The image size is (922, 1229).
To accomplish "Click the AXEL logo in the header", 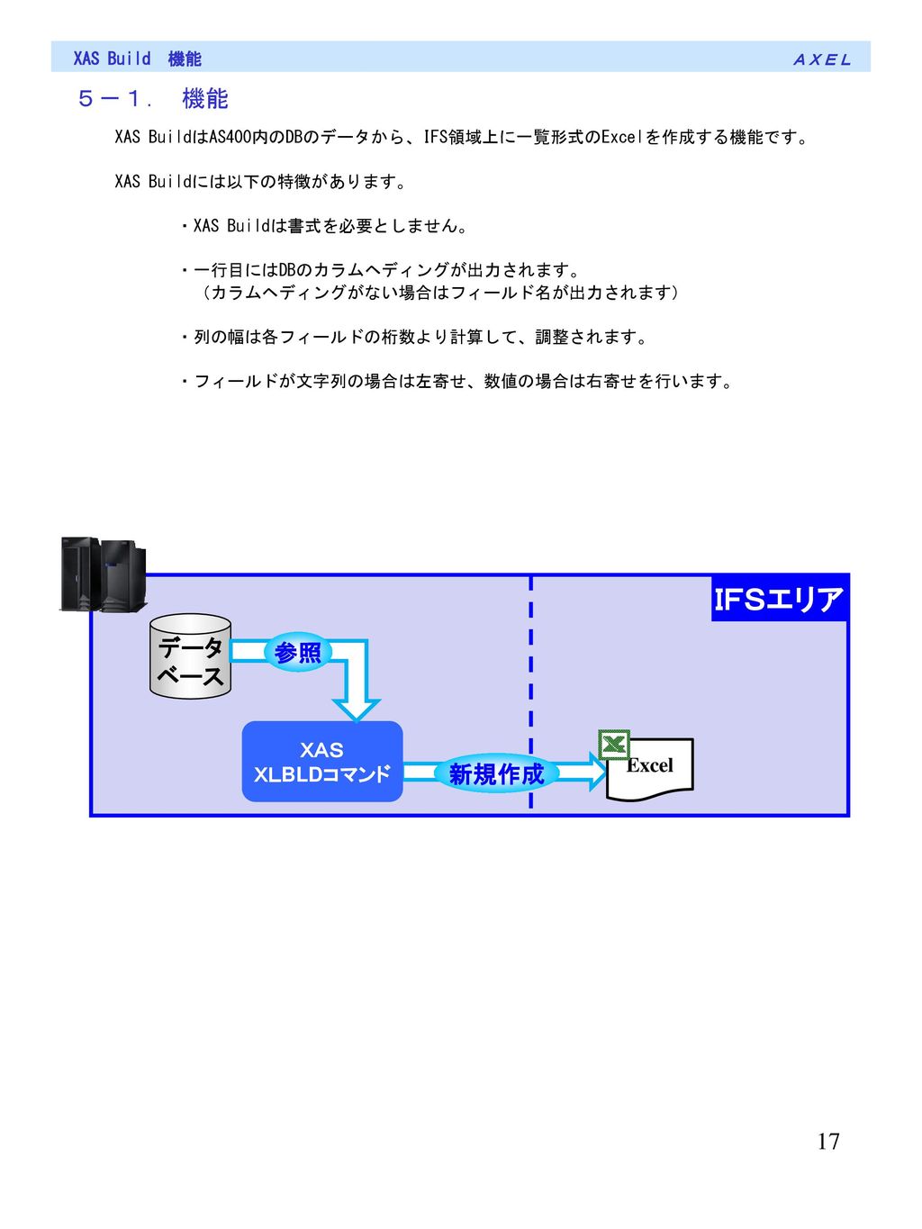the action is click(821, 59).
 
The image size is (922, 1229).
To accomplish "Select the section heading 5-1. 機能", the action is click(153, 99).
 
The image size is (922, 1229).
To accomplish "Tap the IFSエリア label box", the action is click(779, 599).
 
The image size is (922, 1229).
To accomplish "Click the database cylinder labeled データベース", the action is click(190, 656).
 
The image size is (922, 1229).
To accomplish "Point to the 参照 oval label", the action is click(298, 652).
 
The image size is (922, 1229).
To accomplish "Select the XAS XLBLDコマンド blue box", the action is click(321, 762).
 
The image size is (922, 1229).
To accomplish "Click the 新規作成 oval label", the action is click(496, 774).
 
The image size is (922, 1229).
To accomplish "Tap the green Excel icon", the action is click(614, 745).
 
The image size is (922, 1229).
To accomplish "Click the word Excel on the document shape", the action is click(649, 765).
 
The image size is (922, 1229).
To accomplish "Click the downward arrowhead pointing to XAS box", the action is click(357, 710).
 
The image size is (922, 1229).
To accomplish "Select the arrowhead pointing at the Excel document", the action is click(597, 772).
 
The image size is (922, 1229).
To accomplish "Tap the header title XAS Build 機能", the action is click(137, 59).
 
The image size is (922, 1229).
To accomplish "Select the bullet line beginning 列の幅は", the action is click(413, 337).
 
